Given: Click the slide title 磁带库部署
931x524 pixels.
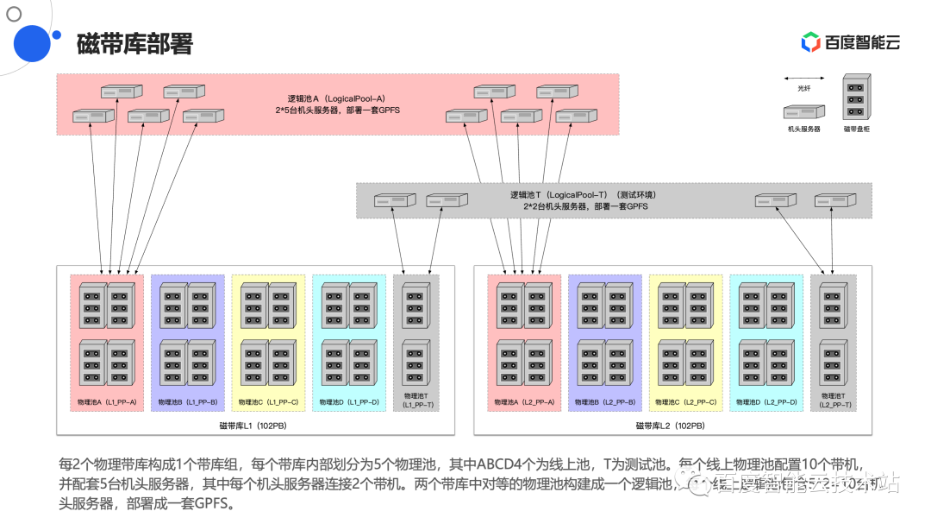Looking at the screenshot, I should tap(134, 44).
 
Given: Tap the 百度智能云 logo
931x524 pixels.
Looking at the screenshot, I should tap(851, 42).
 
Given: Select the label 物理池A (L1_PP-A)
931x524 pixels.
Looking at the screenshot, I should tap(107, 402).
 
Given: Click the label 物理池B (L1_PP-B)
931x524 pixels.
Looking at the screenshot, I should tap(187, 402).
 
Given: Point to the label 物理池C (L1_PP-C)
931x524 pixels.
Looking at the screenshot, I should tap(268, 402).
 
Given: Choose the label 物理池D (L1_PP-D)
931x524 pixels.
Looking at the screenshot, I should tap(349, 402).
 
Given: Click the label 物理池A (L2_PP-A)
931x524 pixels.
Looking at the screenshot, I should tap(524, 402).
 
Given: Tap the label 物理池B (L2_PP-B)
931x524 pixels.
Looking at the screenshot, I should tap(604, 402).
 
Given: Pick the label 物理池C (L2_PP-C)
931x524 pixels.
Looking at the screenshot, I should tap(685, 402).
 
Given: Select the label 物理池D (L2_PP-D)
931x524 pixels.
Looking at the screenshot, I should tap(766, 402).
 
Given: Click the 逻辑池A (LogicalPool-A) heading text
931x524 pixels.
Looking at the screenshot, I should tap(336, 99).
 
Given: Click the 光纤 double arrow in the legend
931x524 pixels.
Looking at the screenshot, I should tap(803, 78).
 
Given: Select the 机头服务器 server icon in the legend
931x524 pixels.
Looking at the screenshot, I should tap(803, 111).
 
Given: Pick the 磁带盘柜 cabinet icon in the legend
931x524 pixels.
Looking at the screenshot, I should tap(854, 97).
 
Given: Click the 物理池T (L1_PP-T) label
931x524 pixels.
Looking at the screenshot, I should tap(417, 401).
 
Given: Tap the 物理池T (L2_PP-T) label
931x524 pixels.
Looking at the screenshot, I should tap(835, 401).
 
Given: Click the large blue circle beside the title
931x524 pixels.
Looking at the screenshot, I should tap(28, 44).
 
